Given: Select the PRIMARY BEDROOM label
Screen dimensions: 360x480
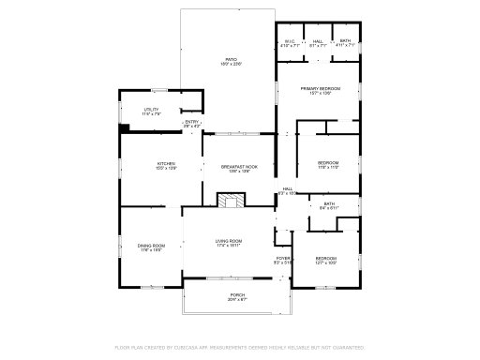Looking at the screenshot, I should pos(321,90).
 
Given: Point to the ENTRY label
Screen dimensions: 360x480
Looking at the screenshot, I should pos(191,123).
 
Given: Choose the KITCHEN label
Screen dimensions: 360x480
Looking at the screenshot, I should pos(166,166).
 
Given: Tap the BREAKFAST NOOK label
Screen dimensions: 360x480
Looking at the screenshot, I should pos(239,168).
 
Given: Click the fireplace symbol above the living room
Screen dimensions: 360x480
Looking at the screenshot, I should pos(231,200).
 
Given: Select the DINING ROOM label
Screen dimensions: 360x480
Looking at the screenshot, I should pos(152,247).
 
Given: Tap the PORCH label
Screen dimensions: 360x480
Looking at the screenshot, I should pos(237,297).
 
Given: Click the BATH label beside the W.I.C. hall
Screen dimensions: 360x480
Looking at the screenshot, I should pos(345,42).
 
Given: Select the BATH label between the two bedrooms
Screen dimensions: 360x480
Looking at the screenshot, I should pos(329,205).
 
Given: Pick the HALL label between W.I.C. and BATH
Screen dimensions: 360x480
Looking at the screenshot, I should pos(318,42).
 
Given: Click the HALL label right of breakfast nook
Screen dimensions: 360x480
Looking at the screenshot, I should pos(288,190).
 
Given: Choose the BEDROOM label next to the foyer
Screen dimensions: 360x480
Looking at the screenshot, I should pos(325,260).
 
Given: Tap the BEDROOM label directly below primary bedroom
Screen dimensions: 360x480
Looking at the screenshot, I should pos(327,164).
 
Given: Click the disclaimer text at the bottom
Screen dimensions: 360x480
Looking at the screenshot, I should pos(239,347).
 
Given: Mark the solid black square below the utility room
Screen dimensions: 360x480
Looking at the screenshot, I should pos(123,130).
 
